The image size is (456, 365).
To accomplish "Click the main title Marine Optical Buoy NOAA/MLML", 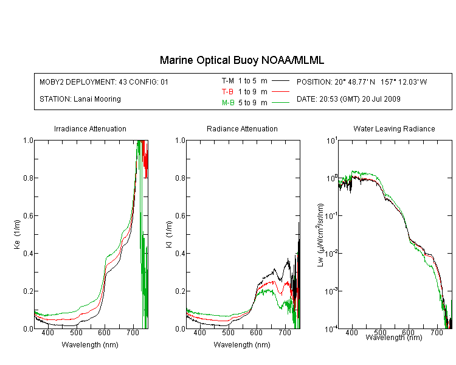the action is [x=241, y=60].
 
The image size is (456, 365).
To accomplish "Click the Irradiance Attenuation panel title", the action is [x=90, y=128].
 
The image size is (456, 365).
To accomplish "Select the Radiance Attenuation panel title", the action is [x=242, y=128].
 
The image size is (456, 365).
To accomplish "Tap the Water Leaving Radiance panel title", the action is [x=394, y=128].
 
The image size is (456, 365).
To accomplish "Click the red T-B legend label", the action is [x=227, y=92].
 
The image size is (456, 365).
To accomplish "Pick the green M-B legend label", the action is [x=228, y=103].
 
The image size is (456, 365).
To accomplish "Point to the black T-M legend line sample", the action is [x=280, y=81].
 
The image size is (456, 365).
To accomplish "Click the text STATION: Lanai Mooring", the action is [x=80, y=99].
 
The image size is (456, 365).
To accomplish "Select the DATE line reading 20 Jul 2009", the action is [x=348, y=99].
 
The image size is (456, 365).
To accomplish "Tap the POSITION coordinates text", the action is [x=362, y=82].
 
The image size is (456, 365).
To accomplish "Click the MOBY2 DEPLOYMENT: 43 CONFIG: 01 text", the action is [x=104, y=82].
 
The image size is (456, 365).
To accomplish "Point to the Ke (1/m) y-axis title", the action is [x=17, y=234].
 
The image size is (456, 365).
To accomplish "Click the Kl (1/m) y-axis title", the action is [x=169, y=234].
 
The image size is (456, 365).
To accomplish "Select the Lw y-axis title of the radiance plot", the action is [x=320, y=235].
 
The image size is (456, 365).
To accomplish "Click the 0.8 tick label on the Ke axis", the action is [x=28, y=178].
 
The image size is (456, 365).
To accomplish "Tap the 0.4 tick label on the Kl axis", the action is [x=180, y=253].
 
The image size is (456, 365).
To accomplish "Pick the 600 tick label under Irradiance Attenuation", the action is [x=105, y=332].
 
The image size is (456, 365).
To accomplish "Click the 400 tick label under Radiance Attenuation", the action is [x=199, y=332].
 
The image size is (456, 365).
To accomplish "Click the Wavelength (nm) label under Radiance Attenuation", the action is [x=242, y=345].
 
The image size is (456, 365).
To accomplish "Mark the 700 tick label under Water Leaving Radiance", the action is [x=437, y=332].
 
